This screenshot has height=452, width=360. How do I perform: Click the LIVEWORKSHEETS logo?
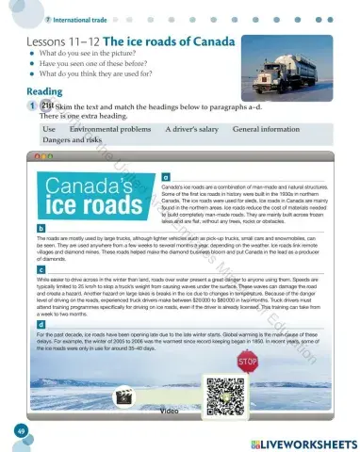301,443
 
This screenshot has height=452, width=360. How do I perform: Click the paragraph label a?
166,176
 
